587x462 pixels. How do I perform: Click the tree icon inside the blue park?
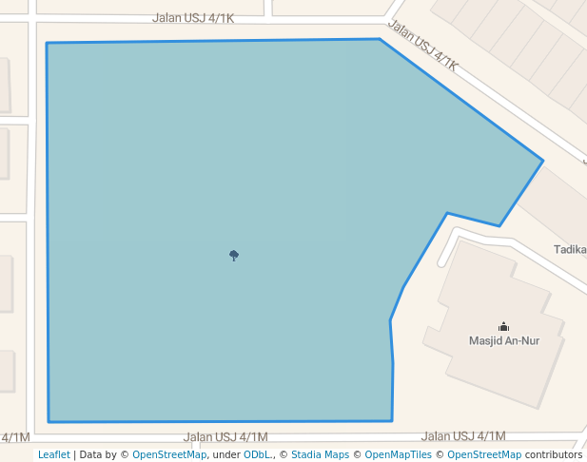(234, 255)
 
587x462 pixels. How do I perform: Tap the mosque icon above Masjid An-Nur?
(504, 326)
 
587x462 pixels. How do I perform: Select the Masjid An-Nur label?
(504, 340)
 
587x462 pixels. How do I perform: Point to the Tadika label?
(571, 250)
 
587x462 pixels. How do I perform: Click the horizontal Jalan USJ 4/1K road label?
(193, 18)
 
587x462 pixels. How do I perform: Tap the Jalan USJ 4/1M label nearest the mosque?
(463, 436)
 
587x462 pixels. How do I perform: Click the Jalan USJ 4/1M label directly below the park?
(225, 437)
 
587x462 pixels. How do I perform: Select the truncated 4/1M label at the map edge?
(15, 437)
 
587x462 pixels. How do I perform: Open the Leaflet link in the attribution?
(53, 454)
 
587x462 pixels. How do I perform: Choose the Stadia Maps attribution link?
(320, 454)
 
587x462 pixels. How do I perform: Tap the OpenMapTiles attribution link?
(398, 454)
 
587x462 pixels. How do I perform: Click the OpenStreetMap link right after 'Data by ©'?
(169, 454)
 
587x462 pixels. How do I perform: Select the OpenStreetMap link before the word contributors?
(484, 454)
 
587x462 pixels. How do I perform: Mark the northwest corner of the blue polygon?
(47, 43)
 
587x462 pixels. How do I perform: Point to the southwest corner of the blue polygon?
(49, 421)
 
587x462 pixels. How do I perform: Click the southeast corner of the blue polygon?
(392, 420)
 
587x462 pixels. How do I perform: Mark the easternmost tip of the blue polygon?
(542, 161)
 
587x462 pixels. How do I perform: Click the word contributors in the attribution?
(554, 454)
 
